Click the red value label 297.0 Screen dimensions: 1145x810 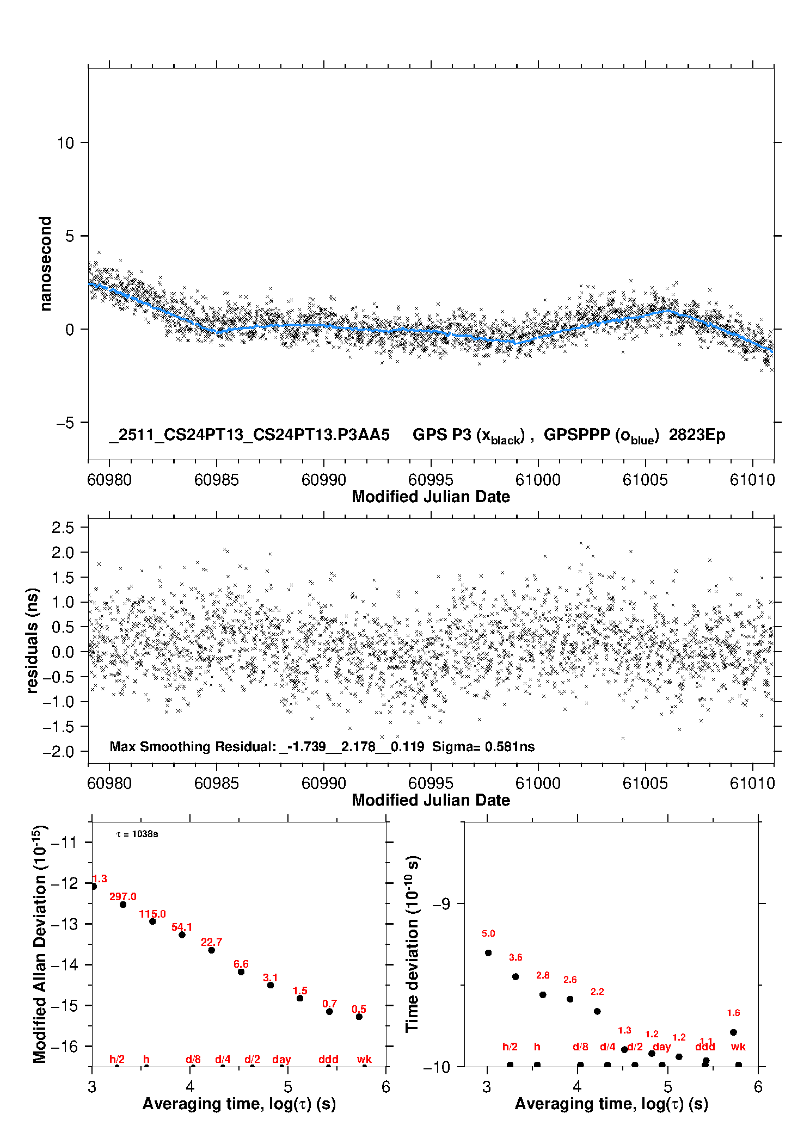tap(122, 896)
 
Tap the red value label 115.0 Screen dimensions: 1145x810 tap(152, 914)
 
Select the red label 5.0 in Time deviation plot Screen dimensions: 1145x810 tap(488, 933)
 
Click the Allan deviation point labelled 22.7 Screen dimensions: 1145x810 tap(211, 950)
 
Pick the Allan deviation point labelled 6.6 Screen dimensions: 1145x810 tap(241, 971)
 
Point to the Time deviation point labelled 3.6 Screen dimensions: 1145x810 tap(516, 976)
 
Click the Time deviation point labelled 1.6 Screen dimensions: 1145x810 tap(733, 1032)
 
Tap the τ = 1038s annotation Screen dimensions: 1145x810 tap(137, 834)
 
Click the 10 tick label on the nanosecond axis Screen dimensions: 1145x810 tap(65, 143)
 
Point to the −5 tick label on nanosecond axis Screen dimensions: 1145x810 tap(65, 423)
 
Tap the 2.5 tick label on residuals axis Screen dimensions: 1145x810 tap(63, 527)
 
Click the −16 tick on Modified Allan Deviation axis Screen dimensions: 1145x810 tap(64, 1046)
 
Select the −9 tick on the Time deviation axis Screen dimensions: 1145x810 tap(441, 903)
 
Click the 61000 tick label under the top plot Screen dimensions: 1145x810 tap(538, 480)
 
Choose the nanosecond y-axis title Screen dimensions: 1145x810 tap(45, 264)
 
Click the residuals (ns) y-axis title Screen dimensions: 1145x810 tap(33, 640)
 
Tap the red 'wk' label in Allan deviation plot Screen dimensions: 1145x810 tap(364, 1059)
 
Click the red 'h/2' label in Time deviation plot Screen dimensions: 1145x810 tap(510, 1047)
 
